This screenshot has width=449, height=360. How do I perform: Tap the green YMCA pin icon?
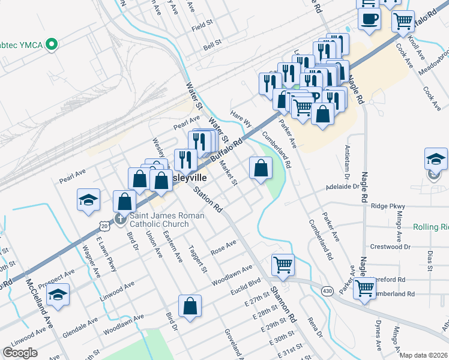coord(52,43)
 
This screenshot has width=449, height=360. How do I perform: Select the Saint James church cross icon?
coord(120,219)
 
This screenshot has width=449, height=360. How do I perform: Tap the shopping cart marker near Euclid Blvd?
coord(283,264)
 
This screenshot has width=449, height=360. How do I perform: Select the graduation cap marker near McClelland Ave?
coord(58,295)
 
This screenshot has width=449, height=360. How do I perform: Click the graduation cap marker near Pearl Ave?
coord(88,200)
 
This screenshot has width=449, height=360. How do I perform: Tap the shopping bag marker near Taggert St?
coord(190,306)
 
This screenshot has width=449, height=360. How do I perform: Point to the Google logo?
coord(20,353)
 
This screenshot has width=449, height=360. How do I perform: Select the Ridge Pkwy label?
coord(389,206)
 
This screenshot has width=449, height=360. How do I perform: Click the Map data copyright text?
coord(424,355)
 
